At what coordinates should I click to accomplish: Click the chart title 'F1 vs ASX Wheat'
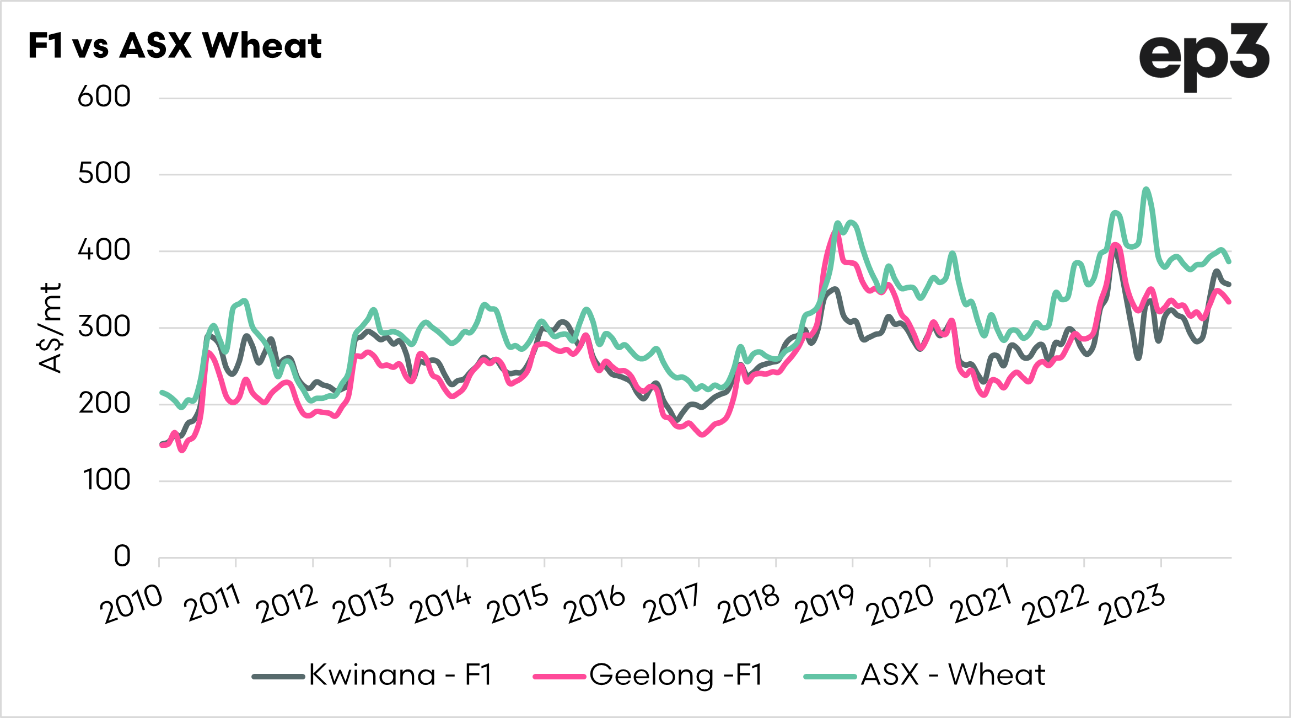[175, 45]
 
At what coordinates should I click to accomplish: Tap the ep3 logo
[1204, 57]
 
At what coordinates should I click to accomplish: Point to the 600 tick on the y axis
[104, 97]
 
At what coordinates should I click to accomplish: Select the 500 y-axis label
[104, 174]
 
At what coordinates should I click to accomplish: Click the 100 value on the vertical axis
[107, 480]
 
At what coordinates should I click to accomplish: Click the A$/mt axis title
[51, 328]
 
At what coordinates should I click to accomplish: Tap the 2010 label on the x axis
[132, 604]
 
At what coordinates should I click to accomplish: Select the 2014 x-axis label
[440, 604]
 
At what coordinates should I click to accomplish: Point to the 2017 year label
[671, 604]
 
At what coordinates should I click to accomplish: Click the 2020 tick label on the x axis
[900, 604]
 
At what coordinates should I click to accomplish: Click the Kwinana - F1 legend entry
[400, 674]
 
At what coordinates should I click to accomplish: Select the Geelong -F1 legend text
[676, 674]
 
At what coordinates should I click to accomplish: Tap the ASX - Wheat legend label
[953, 674]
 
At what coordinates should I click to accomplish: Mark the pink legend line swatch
[559, 677]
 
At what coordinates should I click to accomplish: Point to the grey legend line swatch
[278, 677]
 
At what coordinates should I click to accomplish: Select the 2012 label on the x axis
[287, 604]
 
